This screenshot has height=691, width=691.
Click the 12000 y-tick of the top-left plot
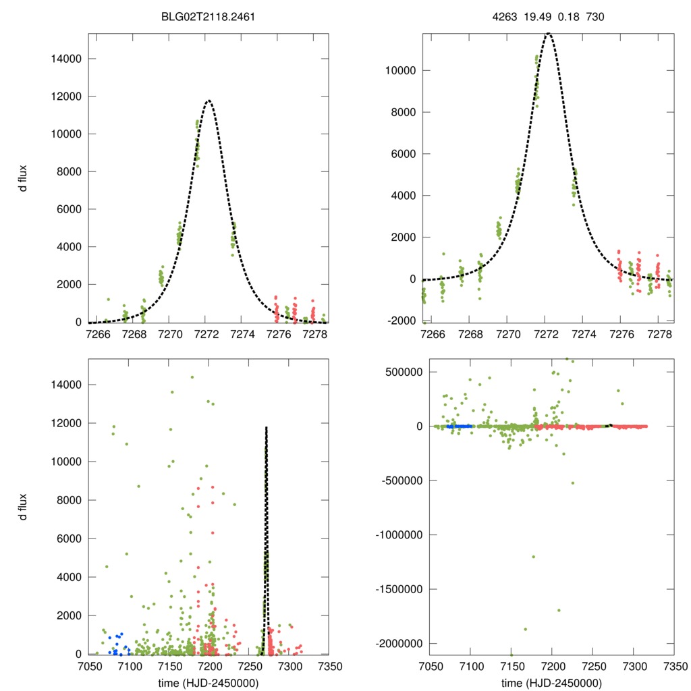click(66, 96)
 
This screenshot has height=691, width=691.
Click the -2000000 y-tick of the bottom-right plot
click(391, 644)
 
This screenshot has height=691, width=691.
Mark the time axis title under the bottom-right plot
click(552, 682)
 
